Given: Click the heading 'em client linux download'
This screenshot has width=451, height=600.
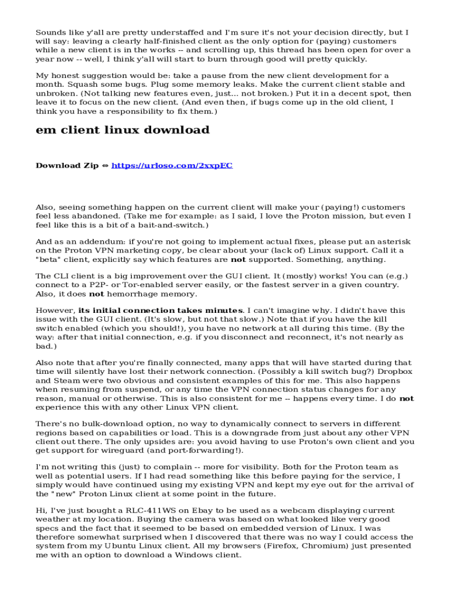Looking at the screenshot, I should pos(122,129).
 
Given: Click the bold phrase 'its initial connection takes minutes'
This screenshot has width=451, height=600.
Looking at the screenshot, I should pos(161,310).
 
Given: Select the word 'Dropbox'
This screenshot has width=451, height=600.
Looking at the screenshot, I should pos(395,371).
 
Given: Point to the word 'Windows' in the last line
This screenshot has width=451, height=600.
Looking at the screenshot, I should pos(193,555).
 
